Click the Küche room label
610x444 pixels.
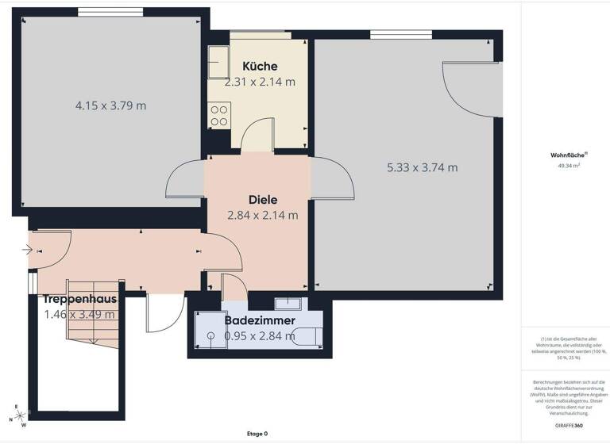point(260,67)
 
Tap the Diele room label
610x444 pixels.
point(263,200)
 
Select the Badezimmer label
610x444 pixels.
point(260,321)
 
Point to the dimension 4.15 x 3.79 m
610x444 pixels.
point(110,105)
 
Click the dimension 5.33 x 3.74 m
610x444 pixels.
point(422,167)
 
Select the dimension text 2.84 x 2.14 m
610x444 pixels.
point(263,215)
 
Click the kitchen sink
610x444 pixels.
point(218,59)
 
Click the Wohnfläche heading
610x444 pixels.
point(565,155)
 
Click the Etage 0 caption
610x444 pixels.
point(257,434)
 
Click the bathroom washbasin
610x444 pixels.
point(287,303)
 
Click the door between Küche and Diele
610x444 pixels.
point(258,139)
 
